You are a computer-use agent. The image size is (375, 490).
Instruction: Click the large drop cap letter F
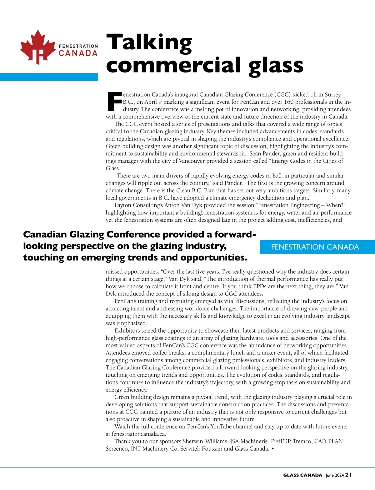point(114,101)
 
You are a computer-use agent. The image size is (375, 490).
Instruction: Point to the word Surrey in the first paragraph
point(332,94)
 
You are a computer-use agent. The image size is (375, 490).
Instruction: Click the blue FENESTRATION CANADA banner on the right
point(315,247)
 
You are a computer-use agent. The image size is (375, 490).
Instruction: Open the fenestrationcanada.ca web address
point(139,434)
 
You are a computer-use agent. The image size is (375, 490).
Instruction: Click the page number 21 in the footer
point(348,475)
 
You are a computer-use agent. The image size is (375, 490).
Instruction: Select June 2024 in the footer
point(335,475)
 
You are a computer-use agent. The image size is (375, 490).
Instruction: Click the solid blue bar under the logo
point(49,77)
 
